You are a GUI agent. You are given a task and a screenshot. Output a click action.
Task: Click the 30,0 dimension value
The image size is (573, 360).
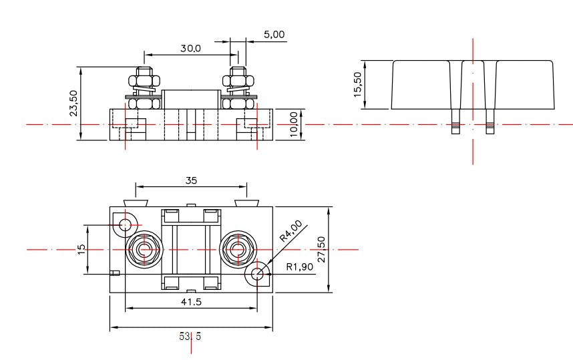(191, 48)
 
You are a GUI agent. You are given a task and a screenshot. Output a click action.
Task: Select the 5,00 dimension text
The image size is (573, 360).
(274, 34)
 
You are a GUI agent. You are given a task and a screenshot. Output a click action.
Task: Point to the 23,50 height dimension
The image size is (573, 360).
(73, 104)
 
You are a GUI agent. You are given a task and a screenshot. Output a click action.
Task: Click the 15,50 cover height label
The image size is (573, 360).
(358, 85)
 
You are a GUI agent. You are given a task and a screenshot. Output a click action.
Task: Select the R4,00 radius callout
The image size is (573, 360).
(291, 230)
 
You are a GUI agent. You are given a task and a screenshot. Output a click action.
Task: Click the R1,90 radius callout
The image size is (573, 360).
(300, 267)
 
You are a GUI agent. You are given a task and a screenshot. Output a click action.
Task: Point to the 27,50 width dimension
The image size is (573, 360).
(322, 249)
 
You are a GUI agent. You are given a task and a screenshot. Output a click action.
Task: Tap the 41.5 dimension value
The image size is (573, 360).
(190, 302)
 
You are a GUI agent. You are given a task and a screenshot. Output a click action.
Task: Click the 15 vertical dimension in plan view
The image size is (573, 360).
(81, 248)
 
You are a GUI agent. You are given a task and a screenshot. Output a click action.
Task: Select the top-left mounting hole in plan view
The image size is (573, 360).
(126, 224)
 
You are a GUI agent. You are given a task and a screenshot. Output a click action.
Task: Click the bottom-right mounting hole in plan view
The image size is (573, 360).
(257, 273)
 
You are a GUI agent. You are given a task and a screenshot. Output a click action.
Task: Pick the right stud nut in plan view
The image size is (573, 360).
(237, 249)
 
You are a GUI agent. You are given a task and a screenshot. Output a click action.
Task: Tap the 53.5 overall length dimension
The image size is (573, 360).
(190, 336)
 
